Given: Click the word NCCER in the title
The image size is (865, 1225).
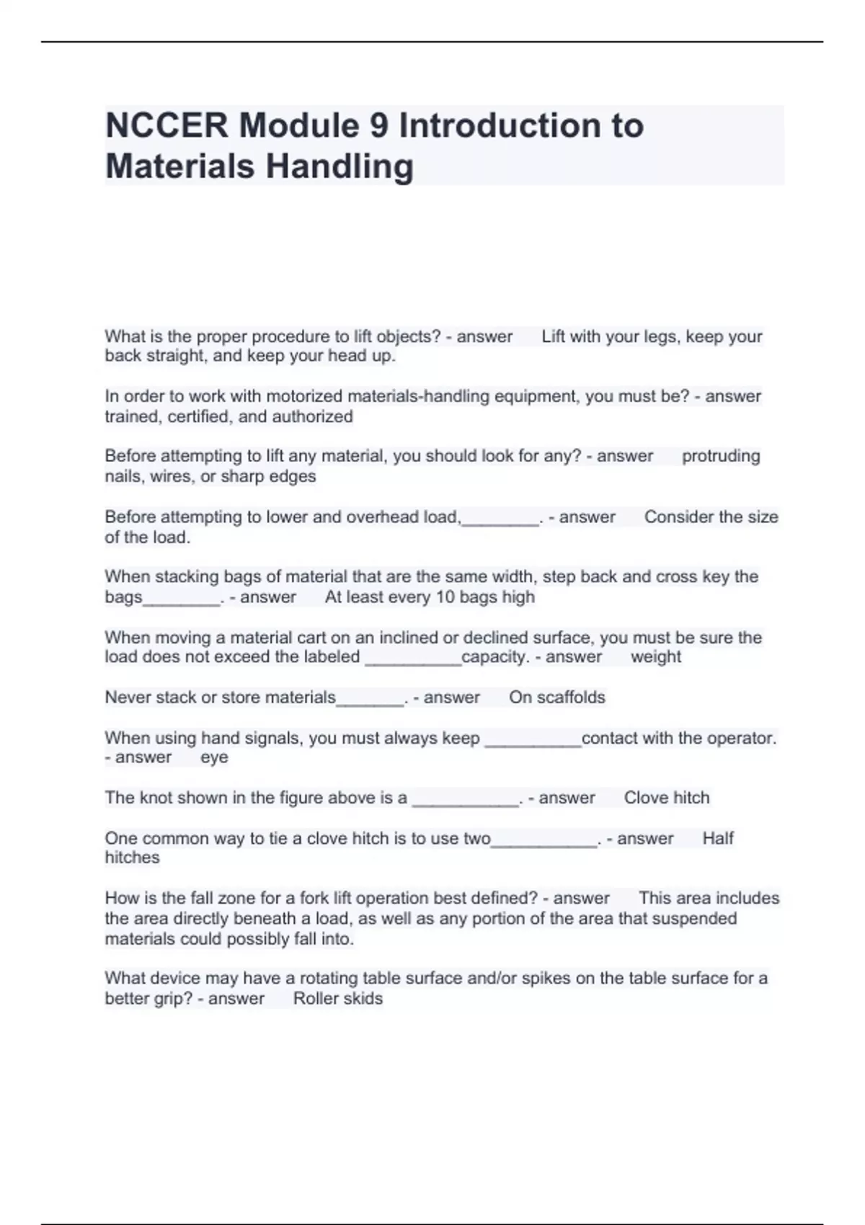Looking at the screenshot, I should point(167,126).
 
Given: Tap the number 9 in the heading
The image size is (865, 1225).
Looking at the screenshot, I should point(379,126).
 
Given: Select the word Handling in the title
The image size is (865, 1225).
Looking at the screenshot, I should point(340,166).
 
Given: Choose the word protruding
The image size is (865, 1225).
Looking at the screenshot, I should point(721,456).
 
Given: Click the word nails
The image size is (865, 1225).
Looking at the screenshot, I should point(124,476).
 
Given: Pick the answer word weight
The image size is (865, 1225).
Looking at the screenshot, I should point(655,657).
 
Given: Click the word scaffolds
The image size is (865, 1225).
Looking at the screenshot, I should point(572,698).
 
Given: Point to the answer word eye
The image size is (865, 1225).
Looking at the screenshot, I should point(214,757).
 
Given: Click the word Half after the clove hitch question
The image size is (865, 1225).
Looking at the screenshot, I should point(718,839).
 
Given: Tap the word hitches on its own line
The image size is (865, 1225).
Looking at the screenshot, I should point(132,857).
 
